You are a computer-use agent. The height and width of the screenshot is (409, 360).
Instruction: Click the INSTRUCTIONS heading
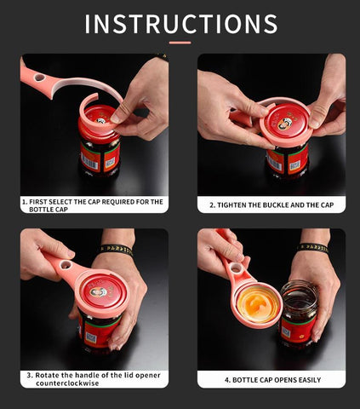(181, 24)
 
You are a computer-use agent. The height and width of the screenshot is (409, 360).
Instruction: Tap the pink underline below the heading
(180, 43)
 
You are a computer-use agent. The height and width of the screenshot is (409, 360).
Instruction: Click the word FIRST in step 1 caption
(38, 202)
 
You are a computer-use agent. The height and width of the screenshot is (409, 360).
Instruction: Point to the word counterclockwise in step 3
(67, 383)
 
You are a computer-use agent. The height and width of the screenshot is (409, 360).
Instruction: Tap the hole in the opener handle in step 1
(39, 78)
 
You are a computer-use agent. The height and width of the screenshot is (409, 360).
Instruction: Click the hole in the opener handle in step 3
(66, 266)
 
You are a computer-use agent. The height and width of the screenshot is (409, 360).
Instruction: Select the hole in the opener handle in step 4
(235, 268)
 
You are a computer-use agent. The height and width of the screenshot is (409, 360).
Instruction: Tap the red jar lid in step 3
(100, 290)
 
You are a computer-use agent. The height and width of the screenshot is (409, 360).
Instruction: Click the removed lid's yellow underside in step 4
(258, 305)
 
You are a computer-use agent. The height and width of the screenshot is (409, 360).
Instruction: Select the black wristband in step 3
(116, 249)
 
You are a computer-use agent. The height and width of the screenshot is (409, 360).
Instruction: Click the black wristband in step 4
(313, 248)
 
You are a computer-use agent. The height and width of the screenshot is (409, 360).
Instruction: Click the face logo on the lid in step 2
(283, 124)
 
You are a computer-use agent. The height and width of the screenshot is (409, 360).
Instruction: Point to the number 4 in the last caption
(227, 380)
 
